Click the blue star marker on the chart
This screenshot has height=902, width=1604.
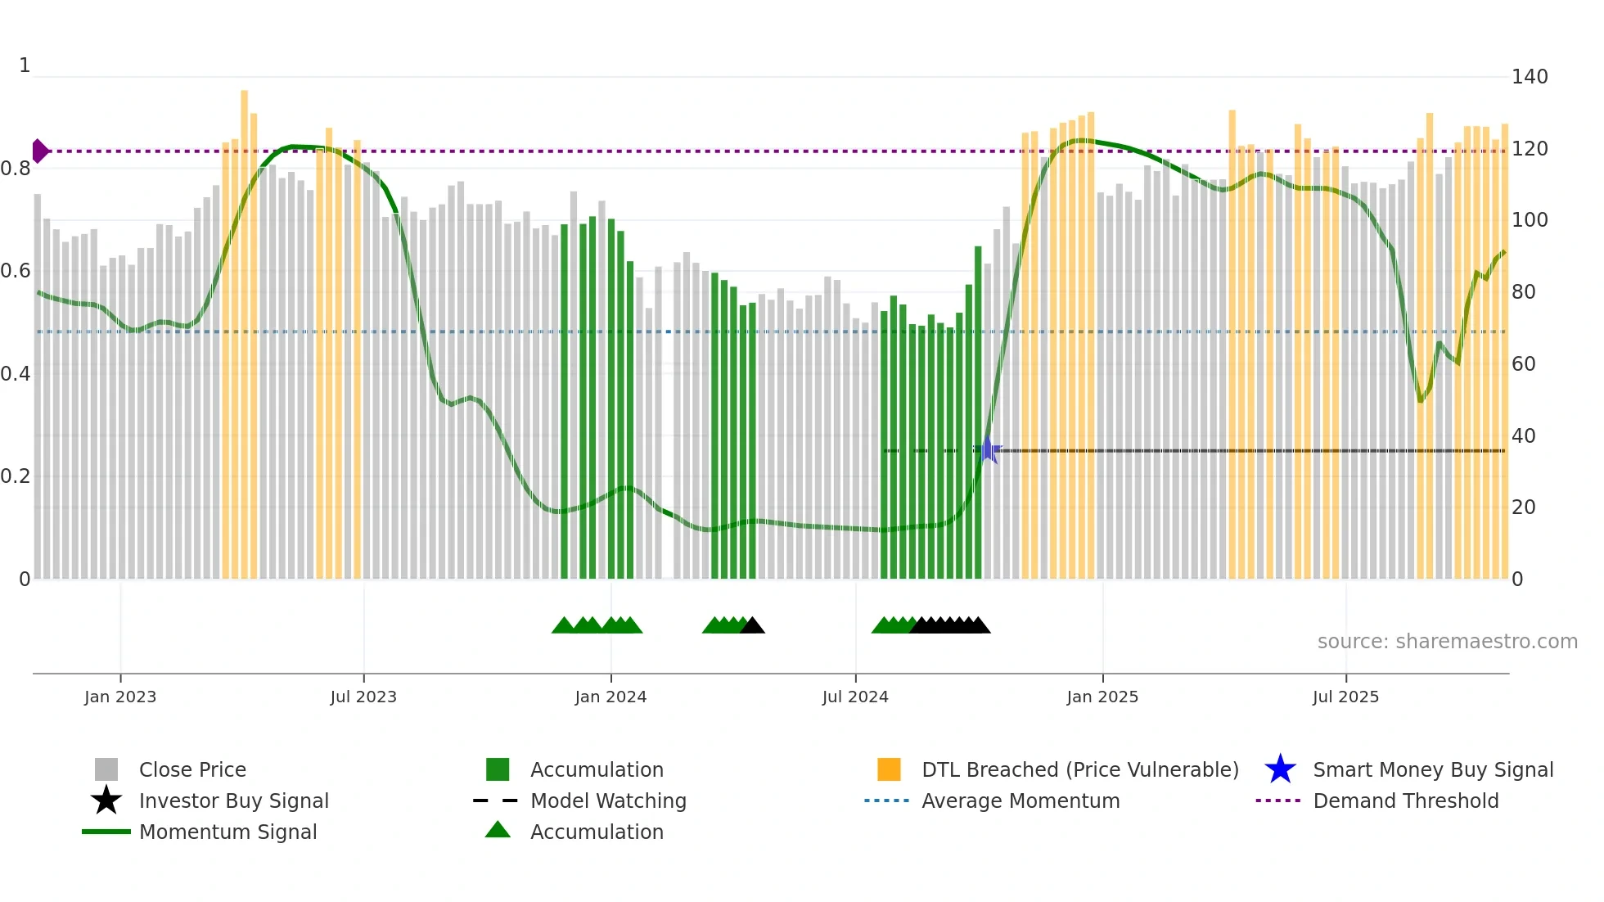988,450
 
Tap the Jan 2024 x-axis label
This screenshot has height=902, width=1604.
611,697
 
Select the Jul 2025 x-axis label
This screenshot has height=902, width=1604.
1345,697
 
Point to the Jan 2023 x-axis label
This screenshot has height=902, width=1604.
120,697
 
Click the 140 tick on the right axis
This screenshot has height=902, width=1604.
1529,77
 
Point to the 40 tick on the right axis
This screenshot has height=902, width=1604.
1523,435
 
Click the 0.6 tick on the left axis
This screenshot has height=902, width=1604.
16,271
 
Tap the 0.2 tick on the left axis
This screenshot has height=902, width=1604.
16,476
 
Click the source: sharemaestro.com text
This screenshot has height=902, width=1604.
1447,642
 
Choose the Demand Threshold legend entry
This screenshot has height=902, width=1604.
1405,801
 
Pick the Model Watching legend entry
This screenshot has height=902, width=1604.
607,801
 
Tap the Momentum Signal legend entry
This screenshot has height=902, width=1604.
228,832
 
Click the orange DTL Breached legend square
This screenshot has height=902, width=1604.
889,769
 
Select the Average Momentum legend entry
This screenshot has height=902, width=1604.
1020,801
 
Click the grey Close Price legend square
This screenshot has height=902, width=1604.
106,769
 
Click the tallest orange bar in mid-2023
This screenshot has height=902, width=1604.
244,327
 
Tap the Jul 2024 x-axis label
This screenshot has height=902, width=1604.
855,697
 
